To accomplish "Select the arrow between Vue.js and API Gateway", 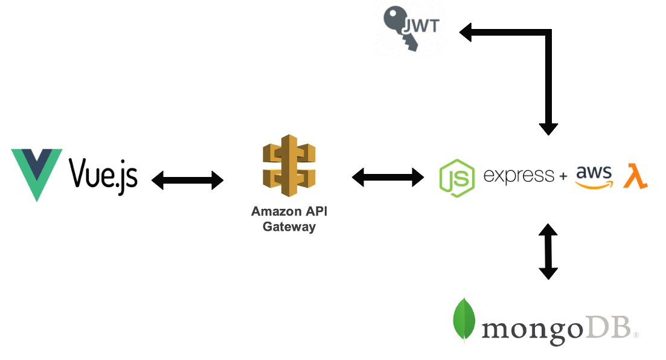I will pyautogui.click(x=187, y=179).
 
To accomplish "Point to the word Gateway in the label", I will pyautogui.click(x=289, y=227).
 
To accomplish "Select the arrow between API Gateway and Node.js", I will pyautogui.click(x=388, y=177).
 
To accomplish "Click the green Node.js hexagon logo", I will pyautogui.click(x=457, y=178).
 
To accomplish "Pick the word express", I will pyautogui.click(x=519, y=176).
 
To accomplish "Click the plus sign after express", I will pyautogui.click(x=563, y=176).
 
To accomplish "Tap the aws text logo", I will pyautogui.click(x=594, y=173).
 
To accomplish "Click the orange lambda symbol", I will pyautogui.click(x=635, y=176).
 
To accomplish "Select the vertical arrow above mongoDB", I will pyautogui.click(x=548, y=251).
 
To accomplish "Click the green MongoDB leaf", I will pyautogui.click(x=464, y=320).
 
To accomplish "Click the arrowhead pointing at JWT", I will pyautogui.click(x=466, y=31).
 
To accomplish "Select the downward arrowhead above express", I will pyautogui.click(x=548, y=127).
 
